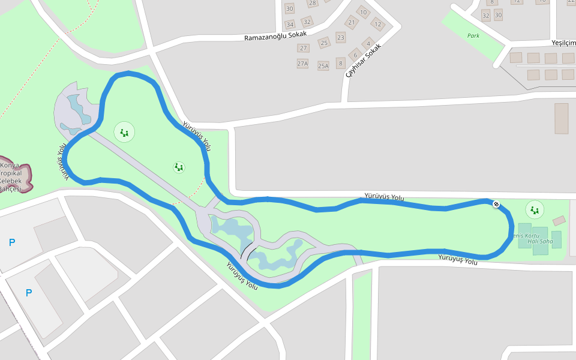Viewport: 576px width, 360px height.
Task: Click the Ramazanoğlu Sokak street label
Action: pos(275,36)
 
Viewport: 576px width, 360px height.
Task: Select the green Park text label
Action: pos(473,35)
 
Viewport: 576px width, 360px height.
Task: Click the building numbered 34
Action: pos(290,24)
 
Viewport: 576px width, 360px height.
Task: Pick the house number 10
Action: pos(363,11)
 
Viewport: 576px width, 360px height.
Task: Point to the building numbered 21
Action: pos(351,23)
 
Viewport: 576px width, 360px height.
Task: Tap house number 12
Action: pos(377,24)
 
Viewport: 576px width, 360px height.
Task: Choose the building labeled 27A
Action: pos(302,64)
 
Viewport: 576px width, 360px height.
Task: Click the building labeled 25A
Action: pos(323,65)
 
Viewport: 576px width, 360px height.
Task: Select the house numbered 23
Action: pos(341,37)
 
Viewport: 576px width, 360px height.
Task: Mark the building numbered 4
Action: pos(368,43)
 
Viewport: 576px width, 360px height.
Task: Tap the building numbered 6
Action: pos(355,55)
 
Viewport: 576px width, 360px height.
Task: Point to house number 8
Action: pos(341,63)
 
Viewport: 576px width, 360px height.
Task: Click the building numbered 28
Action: pos(312,3)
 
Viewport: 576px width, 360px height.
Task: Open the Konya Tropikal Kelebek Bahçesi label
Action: pos(11,177)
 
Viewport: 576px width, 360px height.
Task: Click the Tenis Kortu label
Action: pos(525,235)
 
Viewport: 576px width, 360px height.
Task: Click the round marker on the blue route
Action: pos(496,205)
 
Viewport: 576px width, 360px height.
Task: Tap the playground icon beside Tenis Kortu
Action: pos(534,210)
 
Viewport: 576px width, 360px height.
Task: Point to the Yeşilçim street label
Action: pos(563,43)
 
